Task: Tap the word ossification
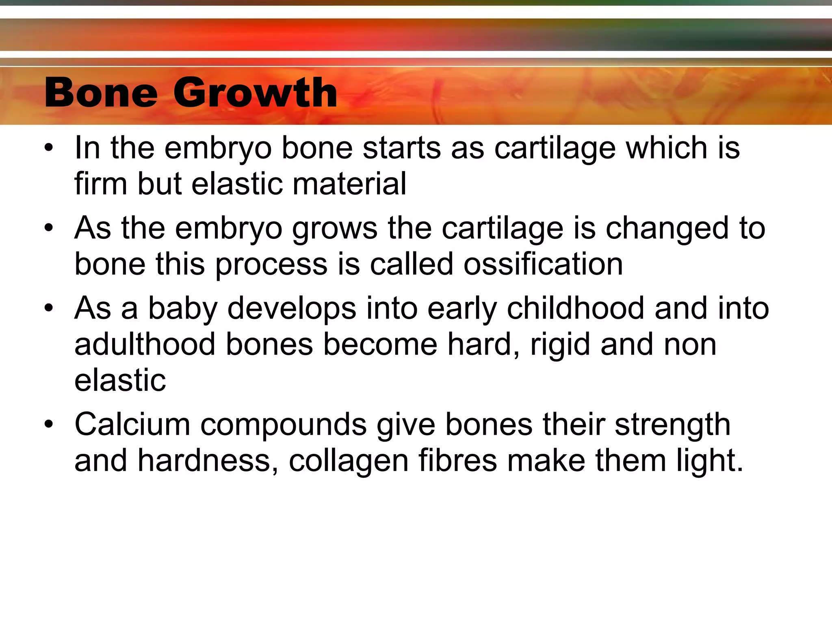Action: coord(543,264)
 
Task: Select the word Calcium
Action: coord(132,425)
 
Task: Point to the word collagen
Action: coord(349,461)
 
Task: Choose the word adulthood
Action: coord(145,344)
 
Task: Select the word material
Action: coord(349,184)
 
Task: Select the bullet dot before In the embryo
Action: coord(49,147)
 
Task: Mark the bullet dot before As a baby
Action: coord(49,308)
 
